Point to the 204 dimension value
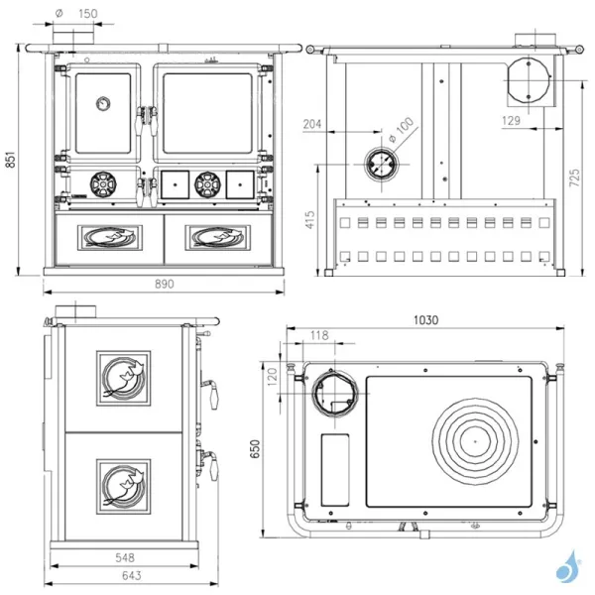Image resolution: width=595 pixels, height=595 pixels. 312,124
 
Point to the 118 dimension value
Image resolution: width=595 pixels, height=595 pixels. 318,335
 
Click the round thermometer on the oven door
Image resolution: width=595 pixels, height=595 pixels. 103,101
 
